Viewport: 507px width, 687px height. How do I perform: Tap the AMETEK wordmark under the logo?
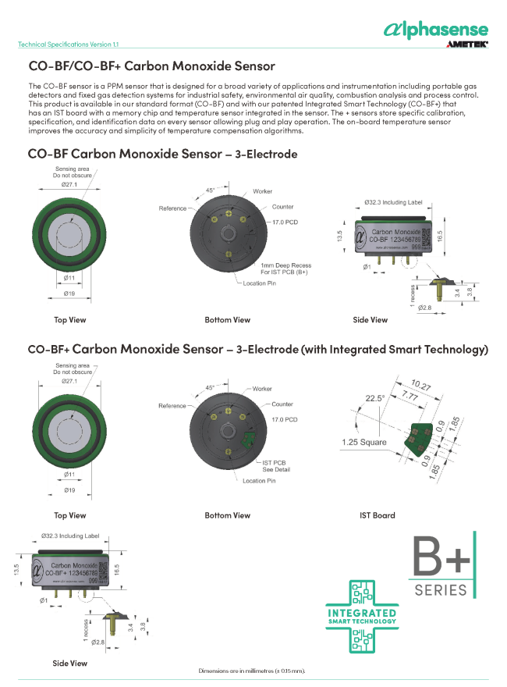click(466, 45)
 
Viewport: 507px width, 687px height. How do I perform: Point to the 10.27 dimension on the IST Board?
click(420, 385)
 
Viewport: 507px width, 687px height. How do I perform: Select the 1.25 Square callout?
click(364, 443)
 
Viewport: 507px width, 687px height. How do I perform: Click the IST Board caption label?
click(377, 515)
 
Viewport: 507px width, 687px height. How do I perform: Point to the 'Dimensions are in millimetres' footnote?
click(252, 671)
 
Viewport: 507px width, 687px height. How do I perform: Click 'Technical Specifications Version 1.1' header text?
click(69, 44)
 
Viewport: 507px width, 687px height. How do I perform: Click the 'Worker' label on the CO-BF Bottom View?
click(263, 191)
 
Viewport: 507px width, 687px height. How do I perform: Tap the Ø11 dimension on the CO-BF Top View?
click(68, 277)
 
